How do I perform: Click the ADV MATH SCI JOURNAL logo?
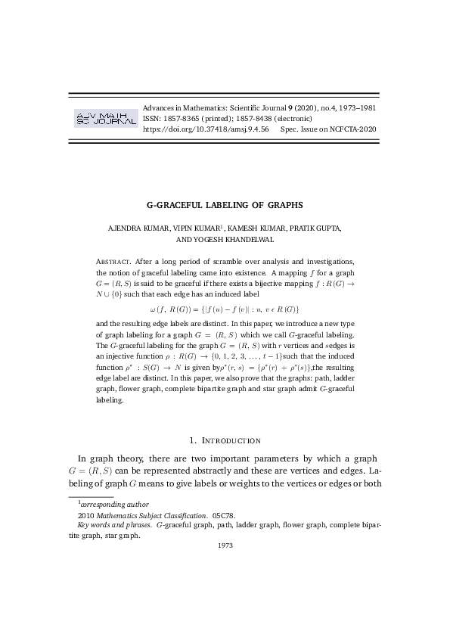pyautogui.click(x=104, y=118)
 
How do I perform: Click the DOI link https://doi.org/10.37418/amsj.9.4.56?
pyautogui.click(x=206, y=129)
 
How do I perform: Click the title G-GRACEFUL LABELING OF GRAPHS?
pyautogui.click(x=225, y=204)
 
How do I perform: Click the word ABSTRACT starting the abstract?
pyautogui.click(x=116, y=259)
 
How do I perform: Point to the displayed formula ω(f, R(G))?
pyautogui.click(x=225, y=309)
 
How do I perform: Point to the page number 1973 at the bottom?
pyautogui.click(x=225, y=545)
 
